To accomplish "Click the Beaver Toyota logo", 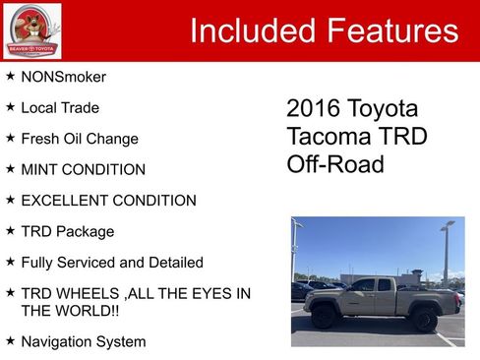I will coord(30,30).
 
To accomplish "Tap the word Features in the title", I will coord(392,30).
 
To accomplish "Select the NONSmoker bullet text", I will coord(63,77).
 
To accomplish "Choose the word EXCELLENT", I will coord(65,201).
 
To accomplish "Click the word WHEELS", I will coord(86,293).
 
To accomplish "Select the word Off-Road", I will coord(334,164).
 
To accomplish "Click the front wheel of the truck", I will coord(324,319).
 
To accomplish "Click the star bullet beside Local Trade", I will coord(10,107).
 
